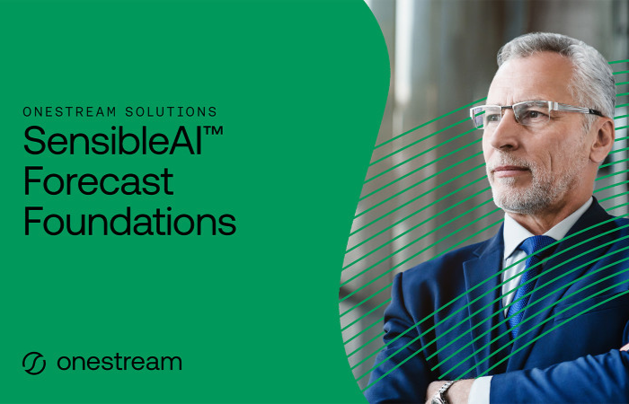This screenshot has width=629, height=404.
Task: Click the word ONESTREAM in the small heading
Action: coord(69,111)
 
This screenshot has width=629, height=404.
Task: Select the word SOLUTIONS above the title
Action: coord(171,111)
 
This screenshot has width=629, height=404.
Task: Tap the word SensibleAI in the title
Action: coord(112,140)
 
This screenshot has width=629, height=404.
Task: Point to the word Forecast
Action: coord(99,180)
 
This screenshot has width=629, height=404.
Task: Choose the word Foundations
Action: coord(130,221)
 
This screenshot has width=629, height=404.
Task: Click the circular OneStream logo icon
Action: coord(34,363)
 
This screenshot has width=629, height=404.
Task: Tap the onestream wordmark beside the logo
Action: coord(120,363)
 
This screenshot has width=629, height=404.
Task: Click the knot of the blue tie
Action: coord(536,247)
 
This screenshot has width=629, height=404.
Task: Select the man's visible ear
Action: coord(602,140)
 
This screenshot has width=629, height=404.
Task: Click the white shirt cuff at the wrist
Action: coord(479,390)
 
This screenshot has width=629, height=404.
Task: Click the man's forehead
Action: coord(526,80)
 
